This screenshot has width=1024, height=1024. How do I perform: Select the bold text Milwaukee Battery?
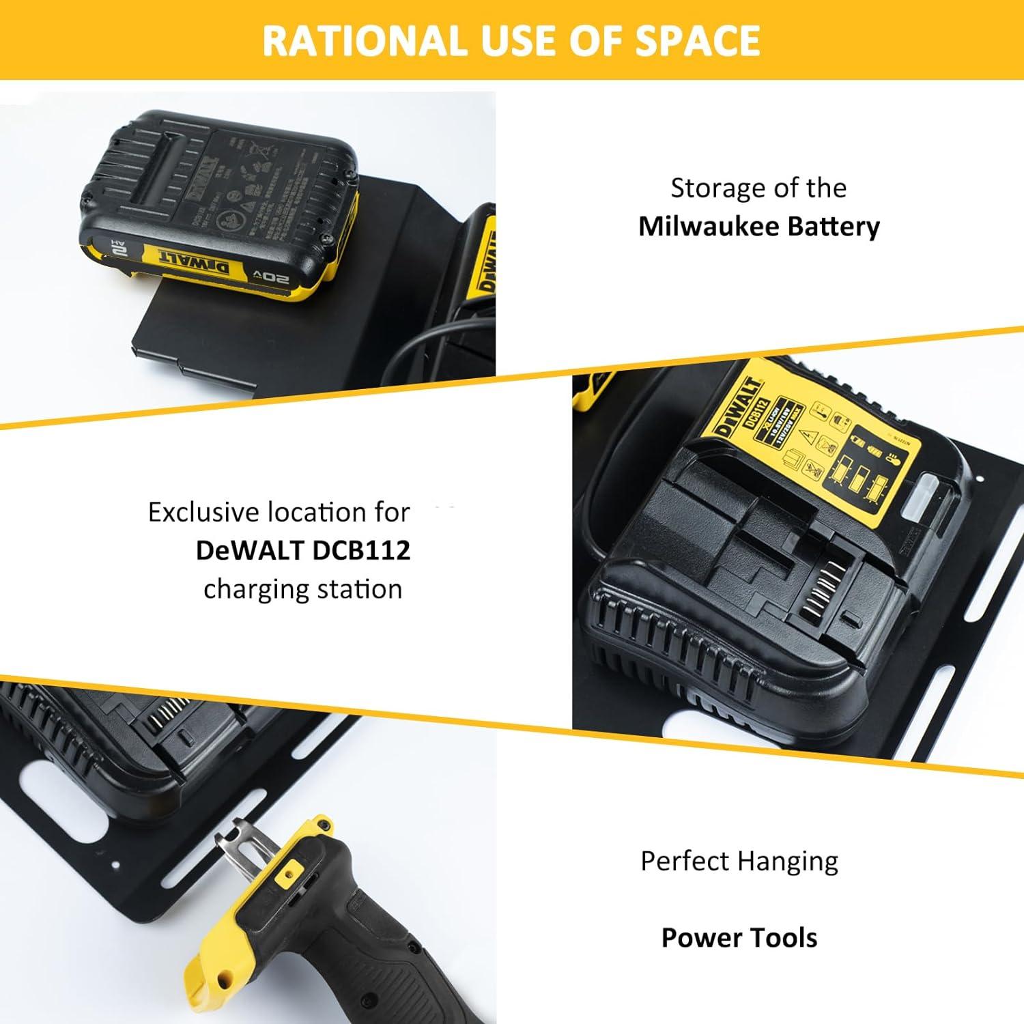click(x=758, y=226)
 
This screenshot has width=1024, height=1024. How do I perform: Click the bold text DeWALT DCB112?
click(x=303, y=550)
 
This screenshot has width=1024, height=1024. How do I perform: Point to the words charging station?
click(x=303, y=588)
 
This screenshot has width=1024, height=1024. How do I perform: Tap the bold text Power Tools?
click(x=739, y=937)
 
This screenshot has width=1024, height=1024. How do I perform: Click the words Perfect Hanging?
click(x=739, y=862)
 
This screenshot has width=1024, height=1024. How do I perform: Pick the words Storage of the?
click(x=758, y=188)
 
